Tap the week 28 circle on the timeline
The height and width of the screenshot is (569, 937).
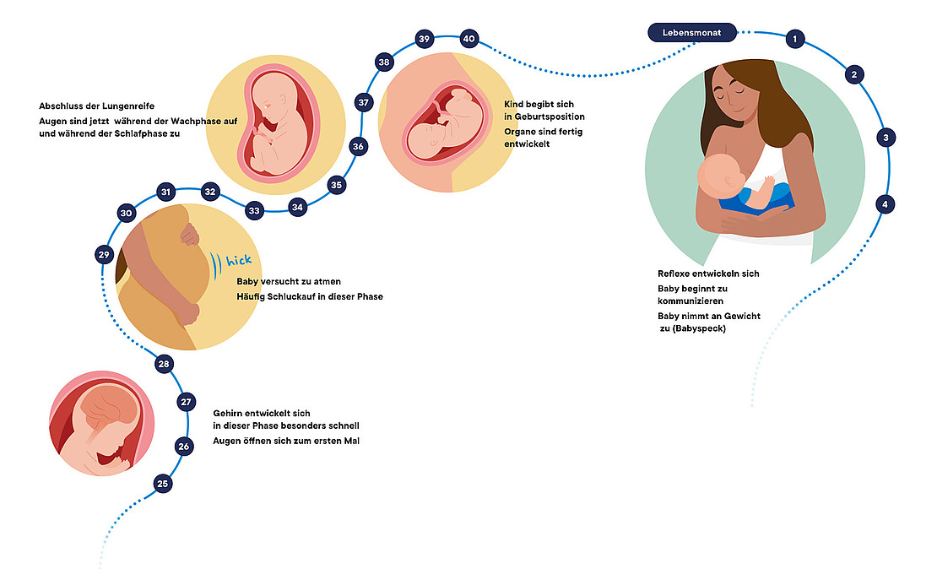(x=164, y=364)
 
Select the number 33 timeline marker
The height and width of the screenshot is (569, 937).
(x=254, y=209)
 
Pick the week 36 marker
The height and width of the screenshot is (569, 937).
(x=358, y=146)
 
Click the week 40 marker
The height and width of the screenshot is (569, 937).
(x=469, y=39)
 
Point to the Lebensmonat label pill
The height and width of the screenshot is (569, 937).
(x=691, y=32)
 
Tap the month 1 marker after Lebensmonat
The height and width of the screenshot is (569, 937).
(x=793, y=39)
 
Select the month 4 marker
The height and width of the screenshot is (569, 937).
(x=885, y=204)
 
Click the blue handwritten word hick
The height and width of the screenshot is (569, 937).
(x=238, y=259)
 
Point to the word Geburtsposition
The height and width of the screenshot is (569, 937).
(x=544, y=117)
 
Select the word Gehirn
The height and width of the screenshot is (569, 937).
(x=229, y=414)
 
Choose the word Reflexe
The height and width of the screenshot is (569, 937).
(x=675, y=274)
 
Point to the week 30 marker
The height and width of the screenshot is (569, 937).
(x=126, y=214)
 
